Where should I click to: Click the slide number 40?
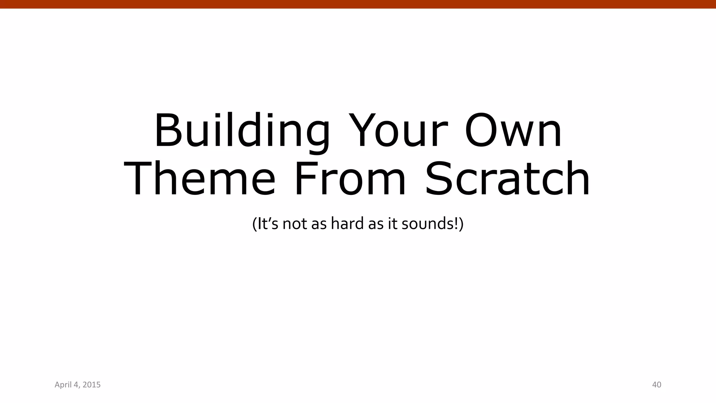pos(657,385)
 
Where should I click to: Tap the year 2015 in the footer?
pos(91,385)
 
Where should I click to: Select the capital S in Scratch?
pos(439,179)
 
